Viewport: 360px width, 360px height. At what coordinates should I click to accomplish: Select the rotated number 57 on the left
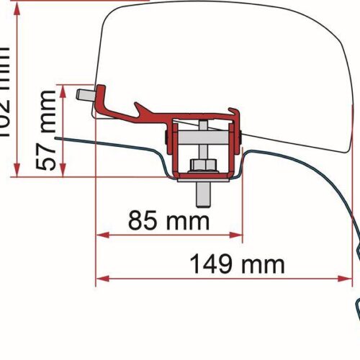[47, 158]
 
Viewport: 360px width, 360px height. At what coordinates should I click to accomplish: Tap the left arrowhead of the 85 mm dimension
[101, 234]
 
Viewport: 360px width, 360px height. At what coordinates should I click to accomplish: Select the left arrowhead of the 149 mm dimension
[101, 278]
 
